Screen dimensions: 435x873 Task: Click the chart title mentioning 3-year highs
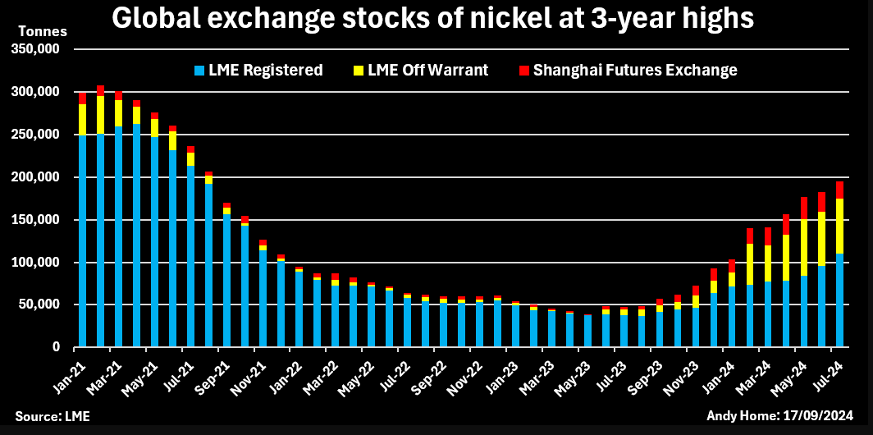coord(432,18)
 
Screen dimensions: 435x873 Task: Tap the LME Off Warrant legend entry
coord(427,71)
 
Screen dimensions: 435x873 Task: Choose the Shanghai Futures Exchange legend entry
coord(634,71)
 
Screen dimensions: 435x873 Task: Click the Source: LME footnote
coord(53,417)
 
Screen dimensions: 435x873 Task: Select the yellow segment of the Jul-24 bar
coord(840,226)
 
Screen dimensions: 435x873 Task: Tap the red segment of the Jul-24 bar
coord(840,190)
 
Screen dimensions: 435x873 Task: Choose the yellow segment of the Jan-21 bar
coord(83,120)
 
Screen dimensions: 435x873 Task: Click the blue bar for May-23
coord(587,331)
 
